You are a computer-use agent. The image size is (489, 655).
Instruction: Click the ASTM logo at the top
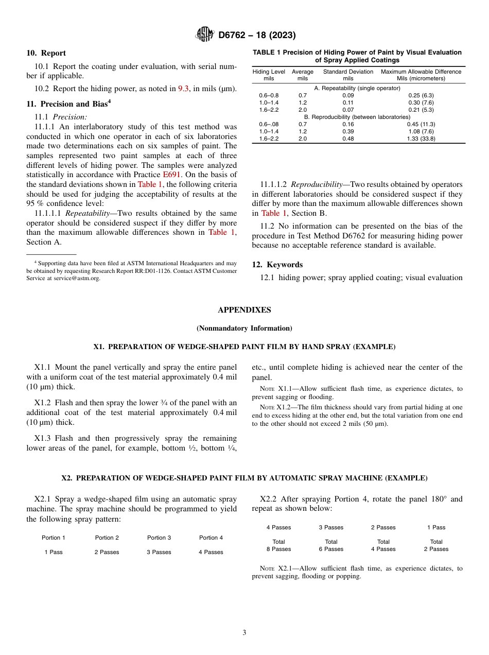coord(205,35)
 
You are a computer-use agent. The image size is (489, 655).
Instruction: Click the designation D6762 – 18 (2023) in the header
coord(257,35)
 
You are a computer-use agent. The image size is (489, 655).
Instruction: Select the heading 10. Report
coord(46,53)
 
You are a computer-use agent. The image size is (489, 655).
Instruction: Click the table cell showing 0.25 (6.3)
coord(421,95)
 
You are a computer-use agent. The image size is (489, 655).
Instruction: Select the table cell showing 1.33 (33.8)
coord(421,139)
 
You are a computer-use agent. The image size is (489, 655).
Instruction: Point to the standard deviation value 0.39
coord(348,131)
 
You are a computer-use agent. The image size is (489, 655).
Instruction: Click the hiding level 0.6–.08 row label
coord(269,124)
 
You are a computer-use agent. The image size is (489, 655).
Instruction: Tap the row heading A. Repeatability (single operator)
coord(357,88)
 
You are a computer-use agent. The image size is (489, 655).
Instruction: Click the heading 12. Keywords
coord(277,265)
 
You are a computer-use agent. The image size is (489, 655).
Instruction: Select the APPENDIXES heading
coord(244,310)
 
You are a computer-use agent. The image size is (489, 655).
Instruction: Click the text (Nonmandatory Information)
coord(244,328)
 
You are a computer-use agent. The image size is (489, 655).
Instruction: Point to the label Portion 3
coord(159,538)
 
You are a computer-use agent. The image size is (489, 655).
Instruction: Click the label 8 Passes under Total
coord(278,549)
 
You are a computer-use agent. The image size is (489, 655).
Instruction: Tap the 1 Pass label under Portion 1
coord(53,552)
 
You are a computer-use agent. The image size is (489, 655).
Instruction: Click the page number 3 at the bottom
coord(244,632)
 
